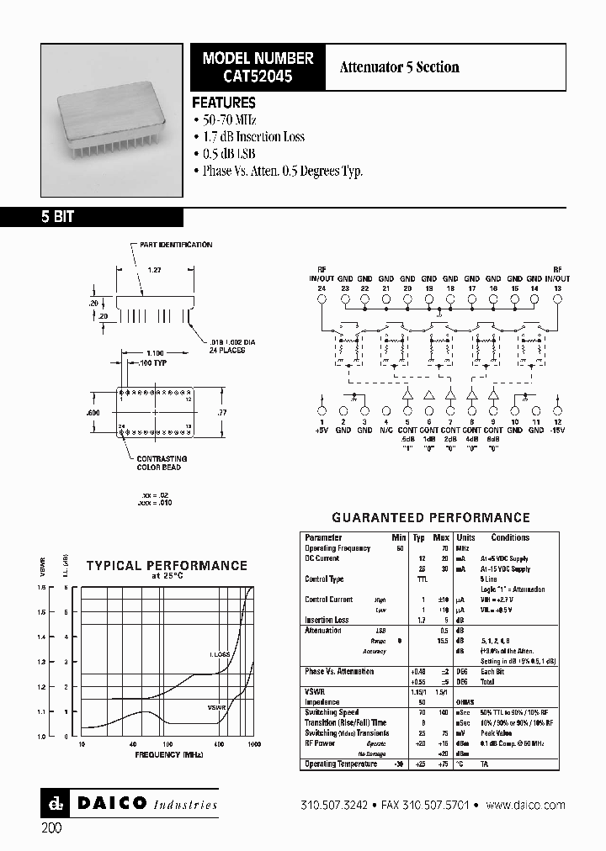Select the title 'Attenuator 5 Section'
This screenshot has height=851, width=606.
pyautogui.click(x=399, y=67)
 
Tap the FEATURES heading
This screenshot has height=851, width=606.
pyautogui.click(x=224, y=103)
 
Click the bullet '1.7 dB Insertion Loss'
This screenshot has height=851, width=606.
pyautogui.click(x=253, y=136)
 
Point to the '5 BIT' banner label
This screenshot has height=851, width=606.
pyautogui.click(x=58, y=216)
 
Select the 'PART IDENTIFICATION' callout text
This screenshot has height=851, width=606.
pyautogui.click(x=176, y=245)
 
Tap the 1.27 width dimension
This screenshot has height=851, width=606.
pyautogui.click(x=155, y=271)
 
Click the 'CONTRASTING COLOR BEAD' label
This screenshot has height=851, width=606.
pyautogui.click(x=160, y=462)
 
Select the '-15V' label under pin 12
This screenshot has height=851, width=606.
pyautogui.click(x=557, y=430)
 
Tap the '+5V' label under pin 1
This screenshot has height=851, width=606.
pyautogui.click(x=322, y=430)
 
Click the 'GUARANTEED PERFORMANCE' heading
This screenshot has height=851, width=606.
pyautogui.click(x=431, y=518)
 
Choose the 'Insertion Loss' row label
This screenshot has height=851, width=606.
pyautogui.click(x=327, y=620)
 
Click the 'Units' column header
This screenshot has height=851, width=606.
pyautogui.click(x=465, y=537)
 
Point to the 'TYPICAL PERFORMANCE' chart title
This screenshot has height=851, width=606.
pyautogui.click(x=167, y=566)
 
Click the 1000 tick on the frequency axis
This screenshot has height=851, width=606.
pyautogui.click(x=253, y=745)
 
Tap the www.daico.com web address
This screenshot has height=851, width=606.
pyautogui.click(x=526, y=805)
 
